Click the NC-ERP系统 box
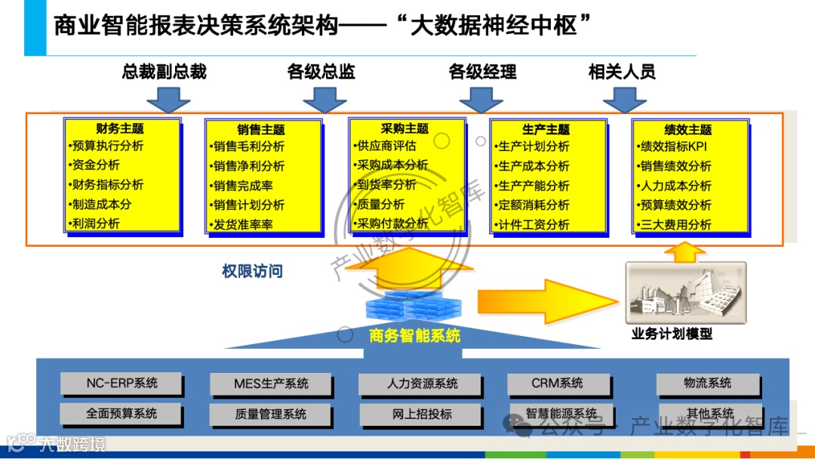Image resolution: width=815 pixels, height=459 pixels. coord(121,384)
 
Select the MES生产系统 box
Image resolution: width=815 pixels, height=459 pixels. coord(271,384)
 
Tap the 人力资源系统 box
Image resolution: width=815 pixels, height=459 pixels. coord(421,384)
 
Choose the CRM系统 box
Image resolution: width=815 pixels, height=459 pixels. coord(557,384)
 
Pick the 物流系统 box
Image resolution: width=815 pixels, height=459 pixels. coord(707,384)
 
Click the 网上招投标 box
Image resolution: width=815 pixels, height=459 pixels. coord(421,414)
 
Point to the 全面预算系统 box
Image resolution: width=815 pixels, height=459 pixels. coord(121,414)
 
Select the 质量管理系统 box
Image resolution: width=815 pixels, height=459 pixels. coord(271,414)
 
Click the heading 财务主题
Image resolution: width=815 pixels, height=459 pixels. coord(120,129)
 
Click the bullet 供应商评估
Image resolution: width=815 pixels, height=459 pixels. coord(386,146)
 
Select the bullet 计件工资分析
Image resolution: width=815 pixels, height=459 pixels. coord(534,225)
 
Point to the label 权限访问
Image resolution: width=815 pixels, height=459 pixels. coord(252,271)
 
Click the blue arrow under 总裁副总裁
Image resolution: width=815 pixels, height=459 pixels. coord(168,98)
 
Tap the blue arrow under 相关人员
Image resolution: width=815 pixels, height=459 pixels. coord(624,99)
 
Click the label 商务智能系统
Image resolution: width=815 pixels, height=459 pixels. coord(414,335)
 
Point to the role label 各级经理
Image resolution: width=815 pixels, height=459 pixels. coord(482,72)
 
